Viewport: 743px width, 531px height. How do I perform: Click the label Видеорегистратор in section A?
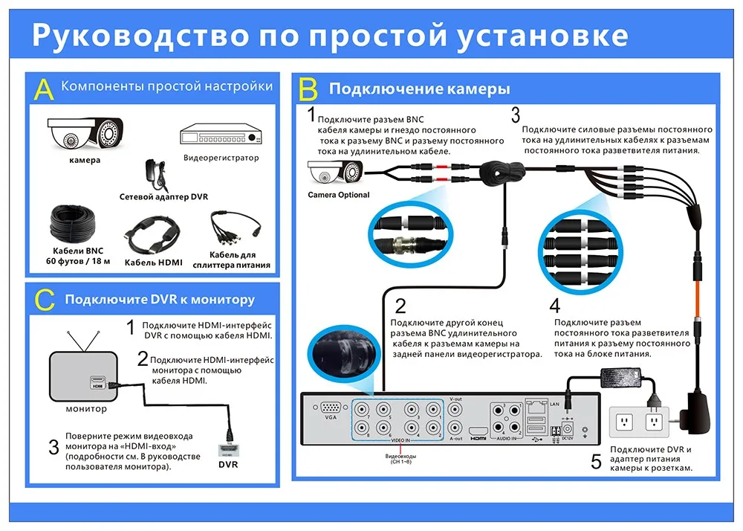point(221,158)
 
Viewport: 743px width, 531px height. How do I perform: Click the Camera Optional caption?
point(338,196)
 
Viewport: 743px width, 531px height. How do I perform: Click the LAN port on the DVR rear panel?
point(536,407)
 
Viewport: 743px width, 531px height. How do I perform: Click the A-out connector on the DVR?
point(457,428)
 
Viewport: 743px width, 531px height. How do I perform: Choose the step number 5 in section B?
point(596,462)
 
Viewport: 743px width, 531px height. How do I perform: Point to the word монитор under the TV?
point(86,408)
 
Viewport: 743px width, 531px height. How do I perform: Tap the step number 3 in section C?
point(53,448)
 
